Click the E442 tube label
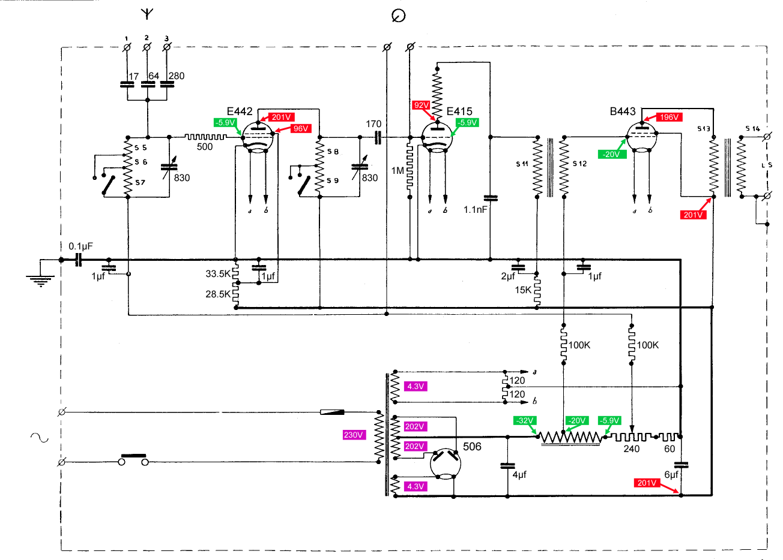pyautogui.click(x=240, y=112)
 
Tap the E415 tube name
pyautogui.click(x=459, y=112)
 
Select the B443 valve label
pyautogui.click(x=623, y=112)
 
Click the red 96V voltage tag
pyautogui.click(x=301, y=128)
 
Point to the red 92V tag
pyautogui.click(x=421, y=105)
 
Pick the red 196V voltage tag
pyautogui.click(x=669, y=117)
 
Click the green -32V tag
pyautogui.click(x=525, y=421)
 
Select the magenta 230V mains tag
pyautogui.click(x=354, y=435)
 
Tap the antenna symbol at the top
pyautogui.click(x=147, y=14)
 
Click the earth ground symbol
pyautogui.click(x=41, y=281)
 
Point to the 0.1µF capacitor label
pyautogui.click(x=80, y=246)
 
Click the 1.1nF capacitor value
pyautogui.click(x=475, y=210)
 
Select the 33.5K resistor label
pyautogui.click(x=218, y=274)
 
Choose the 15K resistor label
pyautogui.click(x=523, y=290)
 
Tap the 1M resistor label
pyautogui.click(x=398, y=171)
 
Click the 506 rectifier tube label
pyautogui.click(x=472, y=447)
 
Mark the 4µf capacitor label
pyautogui.click(x=519, y=475)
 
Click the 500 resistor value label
pyautogui.click(x=205, y=147)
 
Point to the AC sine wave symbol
pyautogui.click(x=40, y=438)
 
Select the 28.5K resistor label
pyautogui.click(x=218, y=294)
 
